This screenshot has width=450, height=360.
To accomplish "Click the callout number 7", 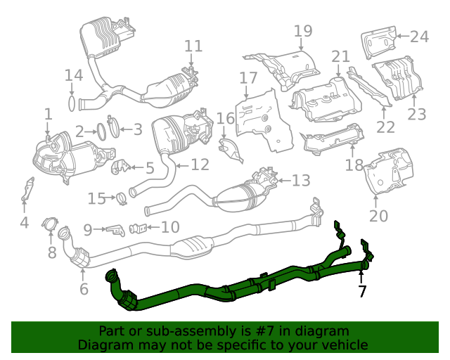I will click(362, 290).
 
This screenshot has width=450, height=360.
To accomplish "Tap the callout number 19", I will click(302, 31).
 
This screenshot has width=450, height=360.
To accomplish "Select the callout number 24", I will click(419, 36).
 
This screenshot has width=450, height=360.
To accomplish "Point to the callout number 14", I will click(74, 75).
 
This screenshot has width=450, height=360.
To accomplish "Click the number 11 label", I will click(193, 46).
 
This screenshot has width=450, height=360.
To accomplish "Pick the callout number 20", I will click(378, 217).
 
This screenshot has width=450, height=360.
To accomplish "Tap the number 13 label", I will click(301, 181).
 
